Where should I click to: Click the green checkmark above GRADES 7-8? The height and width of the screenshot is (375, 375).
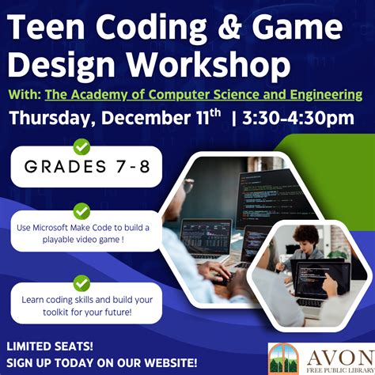click(81, 146)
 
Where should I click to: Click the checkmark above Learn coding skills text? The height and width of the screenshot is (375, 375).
click(81, 282)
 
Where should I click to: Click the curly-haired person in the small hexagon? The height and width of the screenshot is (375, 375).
click(306, 237)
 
